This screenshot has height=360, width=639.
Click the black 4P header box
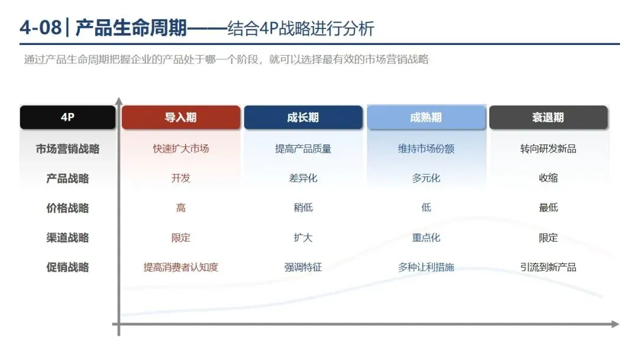coord(67,117)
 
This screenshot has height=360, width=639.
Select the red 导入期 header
coord(181,117)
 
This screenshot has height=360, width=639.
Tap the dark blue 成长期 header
coord(303,117)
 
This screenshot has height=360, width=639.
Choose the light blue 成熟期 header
coord(426,117)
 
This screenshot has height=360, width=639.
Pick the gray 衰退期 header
coord(548,117)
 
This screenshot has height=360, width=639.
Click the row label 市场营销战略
coord(67,149)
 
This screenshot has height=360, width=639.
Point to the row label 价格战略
coord(67,208)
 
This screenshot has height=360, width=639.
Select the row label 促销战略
coord(67,267)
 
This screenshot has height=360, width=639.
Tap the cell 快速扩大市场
coord(181,149)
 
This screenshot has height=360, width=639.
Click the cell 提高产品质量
coord(303,149)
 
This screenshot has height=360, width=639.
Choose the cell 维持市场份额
coord(426,149)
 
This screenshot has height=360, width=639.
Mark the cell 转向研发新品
coord(548,149)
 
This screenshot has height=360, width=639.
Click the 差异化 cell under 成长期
coord(303,178)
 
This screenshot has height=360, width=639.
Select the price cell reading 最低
coord(548,208)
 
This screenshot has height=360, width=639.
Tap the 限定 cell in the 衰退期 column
coord(548,237)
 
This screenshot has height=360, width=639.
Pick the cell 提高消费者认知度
coord(181,267)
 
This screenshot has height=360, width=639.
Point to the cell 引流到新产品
coord(548,267)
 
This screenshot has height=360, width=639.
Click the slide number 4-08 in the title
coord(40,28)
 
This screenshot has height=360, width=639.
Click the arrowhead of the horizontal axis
coord(615,324)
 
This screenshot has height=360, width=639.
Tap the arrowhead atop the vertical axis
coord(119,101)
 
